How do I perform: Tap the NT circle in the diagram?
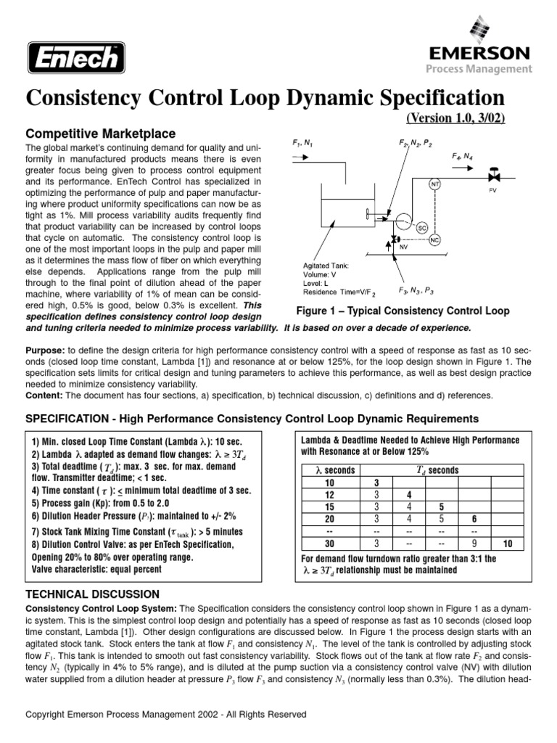click(435, 184)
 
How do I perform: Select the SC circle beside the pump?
click(421, 228)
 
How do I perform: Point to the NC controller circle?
click(435, 240)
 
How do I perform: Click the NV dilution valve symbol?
click(395, 239)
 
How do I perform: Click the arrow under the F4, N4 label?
click(463, 166)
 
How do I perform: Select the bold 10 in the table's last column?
click(506, 544)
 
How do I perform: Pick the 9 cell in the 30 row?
click(475, 544)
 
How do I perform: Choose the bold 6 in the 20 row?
click(475, 520)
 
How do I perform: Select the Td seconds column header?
click(438, 470)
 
